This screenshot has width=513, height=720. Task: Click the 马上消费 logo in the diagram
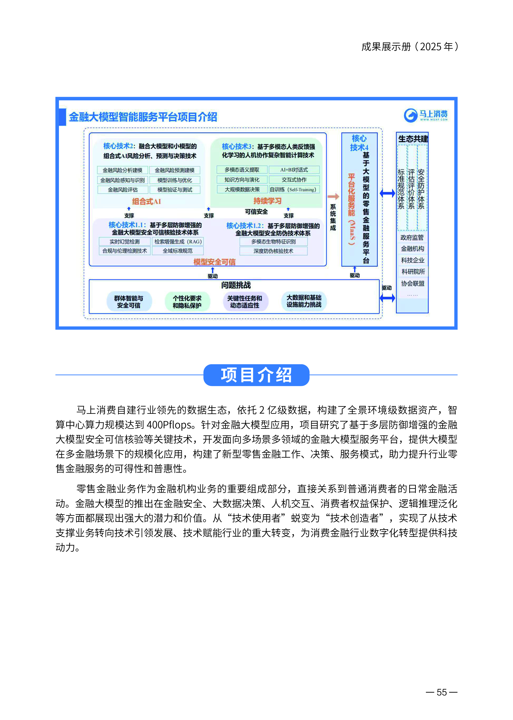click(425, 115)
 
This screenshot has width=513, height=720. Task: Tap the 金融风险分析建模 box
click(123, 170)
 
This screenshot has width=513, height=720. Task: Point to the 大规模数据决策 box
click(242, 189)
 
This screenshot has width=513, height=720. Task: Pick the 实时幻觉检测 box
click(124, 241)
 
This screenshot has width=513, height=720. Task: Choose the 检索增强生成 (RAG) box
click(178, 241)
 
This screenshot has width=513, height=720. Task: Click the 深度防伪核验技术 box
click(273, 251)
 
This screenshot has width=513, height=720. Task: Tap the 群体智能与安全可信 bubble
click(129, 302)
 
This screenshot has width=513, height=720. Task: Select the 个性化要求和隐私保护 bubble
click(187, 302)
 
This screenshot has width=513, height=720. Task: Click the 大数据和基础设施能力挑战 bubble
click(304, 301)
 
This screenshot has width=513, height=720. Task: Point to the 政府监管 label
click(412, 237)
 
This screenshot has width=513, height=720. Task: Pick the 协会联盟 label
click(413, 283)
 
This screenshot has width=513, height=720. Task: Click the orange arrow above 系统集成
click(333, 197)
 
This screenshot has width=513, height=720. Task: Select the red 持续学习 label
click(267, 201)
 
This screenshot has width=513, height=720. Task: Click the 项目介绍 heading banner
click(256, 375)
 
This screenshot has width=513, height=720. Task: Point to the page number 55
click(442, 692)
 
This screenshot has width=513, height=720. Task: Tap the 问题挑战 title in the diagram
click(236, 285)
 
